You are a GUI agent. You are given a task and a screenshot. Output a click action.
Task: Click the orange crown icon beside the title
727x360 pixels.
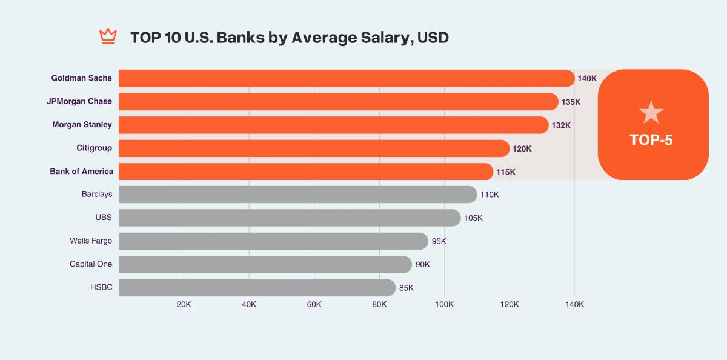pyautogui.click(x=107, y=37)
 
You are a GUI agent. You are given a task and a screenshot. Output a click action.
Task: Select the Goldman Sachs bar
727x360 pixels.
pyautogui.click(x=345, y=78)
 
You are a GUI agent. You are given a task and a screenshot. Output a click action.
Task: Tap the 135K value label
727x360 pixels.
pyautogui.click(x=571, y=102)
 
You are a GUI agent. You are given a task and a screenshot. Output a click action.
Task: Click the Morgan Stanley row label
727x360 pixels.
pyautogui.click(x=82, y=125)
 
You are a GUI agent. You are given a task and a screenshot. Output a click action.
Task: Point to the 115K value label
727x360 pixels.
pyautogui.click(x=505, y=172)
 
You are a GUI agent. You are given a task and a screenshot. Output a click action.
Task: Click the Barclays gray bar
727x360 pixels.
pyautogui.click(x=297, y=195)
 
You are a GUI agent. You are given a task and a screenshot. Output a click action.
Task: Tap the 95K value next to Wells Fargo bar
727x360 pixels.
pyautogui.click(x=439, y=241)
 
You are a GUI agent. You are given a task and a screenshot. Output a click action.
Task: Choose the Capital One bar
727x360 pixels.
pyautogui.click(x=265, y=264)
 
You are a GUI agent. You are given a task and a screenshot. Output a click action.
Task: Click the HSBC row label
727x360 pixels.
pyautogui.click(x=101, y=287)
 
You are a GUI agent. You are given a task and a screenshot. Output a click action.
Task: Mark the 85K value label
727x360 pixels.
pyautogui.click(x=406, y=288)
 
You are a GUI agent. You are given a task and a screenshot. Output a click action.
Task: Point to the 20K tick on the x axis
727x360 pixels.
pyautogui.click(x=184, y=304)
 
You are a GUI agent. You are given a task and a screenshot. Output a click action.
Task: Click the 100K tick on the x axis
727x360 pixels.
pyautogui.click(x=444, y=304)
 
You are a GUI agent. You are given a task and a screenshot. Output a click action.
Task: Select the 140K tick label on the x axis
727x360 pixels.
pyautogui.click(x=574, y=304)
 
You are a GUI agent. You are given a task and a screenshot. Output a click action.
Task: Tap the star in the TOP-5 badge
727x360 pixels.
pyautogui.click(x=651, y=113)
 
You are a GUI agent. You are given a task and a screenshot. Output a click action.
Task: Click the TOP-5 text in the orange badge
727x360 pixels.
pyautogui.click(x=651, y=140)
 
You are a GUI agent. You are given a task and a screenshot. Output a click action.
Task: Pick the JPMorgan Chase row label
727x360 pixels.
pyautogui.click(x=79, y=102)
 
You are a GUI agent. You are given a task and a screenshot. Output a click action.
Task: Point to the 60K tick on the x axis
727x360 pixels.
pyautogui.click(x=314, y=304)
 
